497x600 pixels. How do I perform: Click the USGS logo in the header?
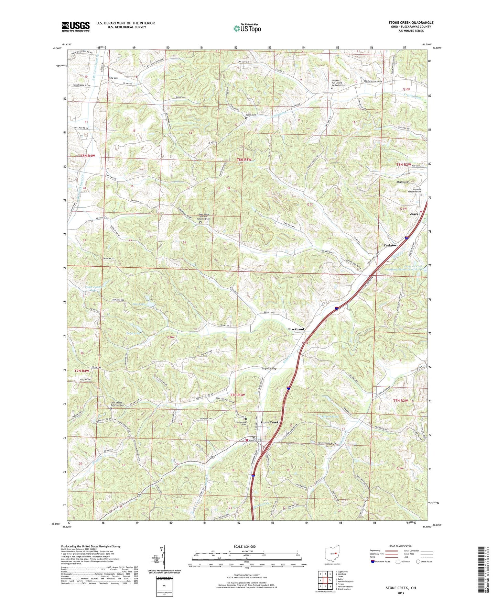pyautogui.click(x=75, y=26)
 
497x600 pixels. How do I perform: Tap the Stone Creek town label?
pyautogui.click(x=269, y=422)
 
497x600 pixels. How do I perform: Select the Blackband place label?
pyautogui.click(x=296, y=329)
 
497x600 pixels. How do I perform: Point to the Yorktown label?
pyautogui.click(x=391, y=245)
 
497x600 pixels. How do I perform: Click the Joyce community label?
pyautogui.click(x=414, y=214)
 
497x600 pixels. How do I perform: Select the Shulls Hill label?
pyautogui.click(x=403, y=182)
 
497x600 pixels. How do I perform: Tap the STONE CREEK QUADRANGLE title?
pyautogui.click(x=411, y=22)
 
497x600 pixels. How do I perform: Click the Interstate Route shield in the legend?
pyautogui.click(x=373, y=562)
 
